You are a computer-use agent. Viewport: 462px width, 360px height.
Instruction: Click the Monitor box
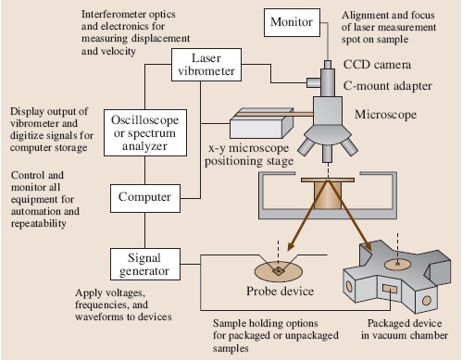tap(292, 22)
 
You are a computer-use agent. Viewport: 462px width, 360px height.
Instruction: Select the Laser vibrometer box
tap(206, 65)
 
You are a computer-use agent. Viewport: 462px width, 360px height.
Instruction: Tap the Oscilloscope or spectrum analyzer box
tap(145, 132)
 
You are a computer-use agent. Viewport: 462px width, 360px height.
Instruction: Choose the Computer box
tap(145, 198)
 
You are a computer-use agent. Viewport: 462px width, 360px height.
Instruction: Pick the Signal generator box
tap(145, 265)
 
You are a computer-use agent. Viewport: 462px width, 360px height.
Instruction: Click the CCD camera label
tap(377, 65)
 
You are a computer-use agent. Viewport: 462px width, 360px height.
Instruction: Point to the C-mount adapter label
tap(388, 86)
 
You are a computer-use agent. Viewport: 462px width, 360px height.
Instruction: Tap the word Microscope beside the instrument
tap(385, 115)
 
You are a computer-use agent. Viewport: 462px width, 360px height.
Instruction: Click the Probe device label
tap(280, 292)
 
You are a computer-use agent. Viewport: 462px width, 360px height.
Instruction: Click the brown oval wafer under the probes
tap(279, 271)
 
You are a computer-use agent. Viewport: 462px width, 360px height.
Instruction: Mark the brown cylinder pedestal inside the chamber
tap(328, 195)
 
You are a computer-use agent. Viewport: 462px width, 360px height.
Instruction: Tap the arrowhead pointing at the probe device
tap(291, 246)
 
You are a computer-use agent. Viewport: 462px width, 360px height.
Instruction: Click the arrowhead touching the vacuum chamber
tap(368, 245)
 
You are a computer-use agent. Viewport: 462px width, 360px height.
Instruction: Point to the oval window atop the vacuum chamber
tap(397, 265)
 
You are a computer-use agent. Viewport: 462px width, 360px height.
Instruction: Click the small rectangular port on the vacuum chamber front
tap(391, 290)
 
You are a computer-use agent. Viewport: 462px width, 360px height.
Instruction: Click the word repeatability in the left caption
tap(39, 223)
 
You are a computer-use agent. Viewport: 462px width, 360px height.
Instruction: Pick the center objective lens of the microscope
tap(328, 154)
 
